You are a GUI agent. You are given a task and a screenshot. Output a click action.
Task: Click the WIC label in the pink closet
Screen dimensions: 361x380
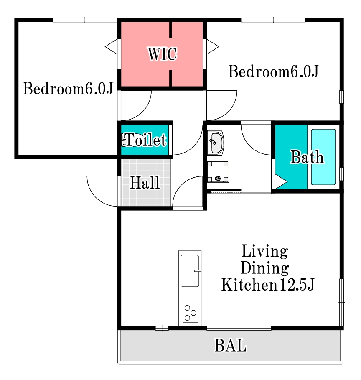point(163,54)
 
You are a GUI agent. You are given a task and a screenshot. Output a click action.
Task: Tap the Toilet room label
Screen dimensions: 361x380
point(145,140)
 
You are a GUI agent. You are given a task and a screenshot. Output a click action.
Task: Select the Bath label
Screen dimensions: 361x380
point(307,157)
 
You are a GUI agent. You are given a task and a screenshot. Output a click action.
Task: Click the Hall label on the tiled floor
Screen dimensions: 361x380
point(145,183)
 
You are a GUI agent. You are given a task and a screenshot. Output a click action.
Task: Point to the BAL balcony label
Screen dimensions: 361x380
point(230,345)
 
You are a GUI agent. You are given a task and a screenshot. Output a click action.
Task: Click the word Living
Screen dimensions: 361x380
point(265,251)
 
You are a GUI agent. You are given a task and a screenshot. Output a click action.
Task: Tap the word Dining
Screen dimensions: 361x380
point(265,268)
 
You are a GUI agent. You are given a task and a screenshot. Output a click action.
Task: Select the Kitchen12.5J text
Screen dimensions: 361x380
point(268,285)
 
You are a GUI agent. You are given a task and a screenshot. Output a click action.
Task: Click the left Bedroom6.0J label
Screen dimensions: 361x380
point(68,89)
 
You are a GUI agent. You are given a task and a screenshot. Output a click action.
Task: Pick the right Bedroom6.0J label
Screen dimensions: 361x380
point(274,71)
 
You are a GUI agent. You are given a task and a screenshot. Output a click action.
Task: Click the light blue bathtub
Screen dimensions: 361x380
point(323,157)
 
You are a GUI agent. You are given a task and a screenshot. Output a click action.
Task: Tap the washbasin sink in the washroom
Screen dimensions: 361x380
point(216,143)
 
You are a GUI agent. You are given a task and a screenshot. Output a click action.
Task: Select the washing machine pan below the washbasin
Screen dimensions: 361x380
point(218,171)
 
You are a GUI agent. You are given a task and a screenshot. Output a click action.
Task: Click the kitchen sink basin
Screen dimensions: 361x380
point(190,271)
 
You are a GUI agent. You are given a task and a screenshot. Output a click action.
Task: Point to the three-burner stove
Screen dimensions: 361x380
point(190,313)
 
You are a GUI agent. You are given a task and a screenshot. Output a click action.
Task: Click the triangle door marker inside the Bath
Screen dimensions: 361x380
point(281,181)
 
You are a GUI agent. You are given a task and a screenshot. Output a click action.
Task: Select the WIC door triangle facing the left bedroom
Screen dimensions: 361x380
point(111,46)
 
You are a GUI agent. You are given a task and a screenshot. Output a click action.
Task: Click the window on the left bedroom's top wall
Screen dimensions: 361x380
point(85,20)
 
